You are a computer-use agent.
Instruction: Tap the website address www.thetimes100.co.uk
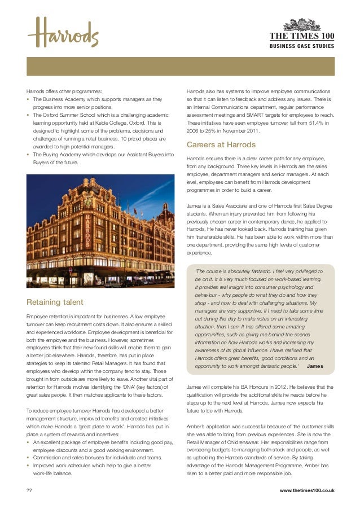point(307,490)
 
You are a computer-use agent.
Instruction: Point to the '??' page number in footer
point(29,490)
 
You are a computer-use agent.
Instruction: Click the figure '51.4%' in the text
point(318,122)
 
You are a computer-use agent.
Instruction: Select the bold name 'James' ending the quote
point(314,367)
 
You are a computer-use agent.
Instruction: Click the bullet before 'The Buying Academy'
point(28,155)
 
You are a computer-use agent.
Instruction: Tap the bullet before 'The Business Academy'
point(28,99)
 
